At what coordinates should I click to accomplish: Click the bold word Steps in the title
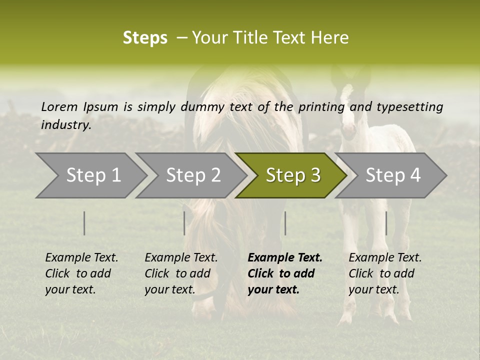click(x=145, y=38)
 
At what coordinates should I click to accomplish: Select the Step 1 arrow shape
click(x=90, y=175)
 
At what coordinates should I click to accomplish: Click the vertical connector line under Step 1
click(x=84, y=223)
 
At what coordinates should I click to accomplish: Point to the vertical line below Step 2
click(x=184, y=223)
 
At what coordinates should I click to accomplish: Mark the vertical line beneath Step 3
click(x=285, y=223)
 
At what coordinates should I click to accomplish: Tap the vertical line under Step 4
click(x=386, y=223)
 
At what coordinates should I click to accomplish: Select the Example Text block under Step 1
click(x=81, y=273)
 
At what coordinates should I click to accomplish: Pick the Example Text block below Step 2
click(x=181, y=273)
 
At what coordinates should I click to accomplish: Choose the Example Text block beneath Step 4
click(x=385, y=273)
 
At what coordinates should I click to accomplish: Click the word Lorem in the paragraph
click(x=59, y=106)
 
